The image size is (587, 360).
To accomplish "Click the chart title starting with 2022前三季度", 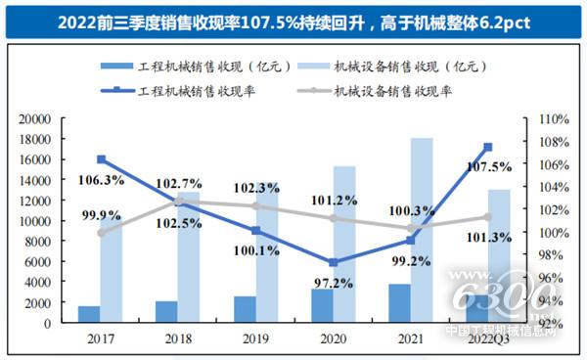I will point(293,21).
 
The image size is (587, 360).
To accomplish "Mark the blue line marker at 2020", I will point(334,262).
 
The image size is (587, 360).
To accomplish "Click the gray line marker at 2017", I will point(101,233).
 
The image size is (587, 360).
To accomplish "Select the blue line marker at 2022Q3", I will point(487,147).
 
